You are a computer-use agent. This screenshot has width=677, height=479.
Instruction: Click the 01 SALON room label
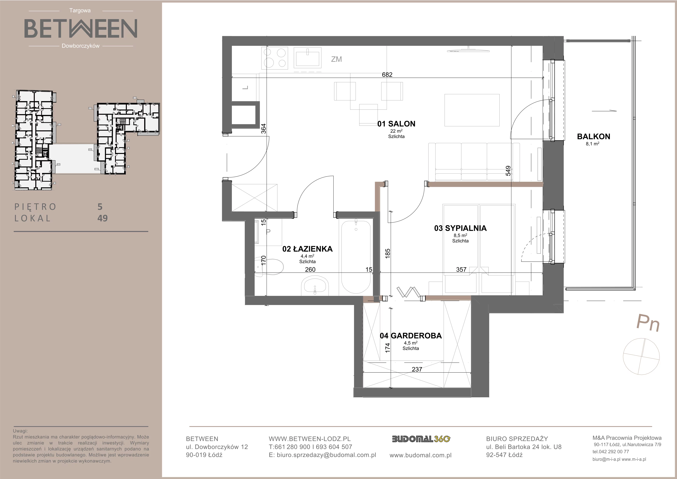tap(396, 124)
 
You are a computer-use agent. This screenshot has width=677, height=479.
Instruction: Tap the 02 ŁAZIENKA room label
tap(307, 249)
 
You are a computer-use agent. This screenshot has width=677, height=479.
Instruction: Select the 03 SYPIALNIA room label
tap(460, 228)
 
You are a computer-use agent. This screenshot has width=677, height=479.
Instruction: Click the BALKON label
tap(594, 137)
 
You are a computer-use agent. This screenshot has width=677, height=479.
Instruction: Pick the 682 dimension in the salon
tap(387, 75)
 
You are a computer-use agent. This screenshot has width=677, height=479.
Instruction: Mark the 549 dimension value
tap(508, 171)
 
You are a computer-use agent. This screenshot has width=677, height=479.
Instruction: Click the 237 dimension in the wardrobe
tap(417, 369)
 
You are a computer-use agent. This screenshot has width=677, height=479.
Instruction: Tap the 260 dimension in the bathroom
tap(310, 269)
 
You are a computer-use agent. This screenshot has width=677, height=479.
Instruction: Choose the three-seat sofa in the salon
tap(474, 162)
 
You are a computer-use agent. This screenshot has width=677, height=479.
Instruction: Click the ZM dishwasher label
tap(336, 59)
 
